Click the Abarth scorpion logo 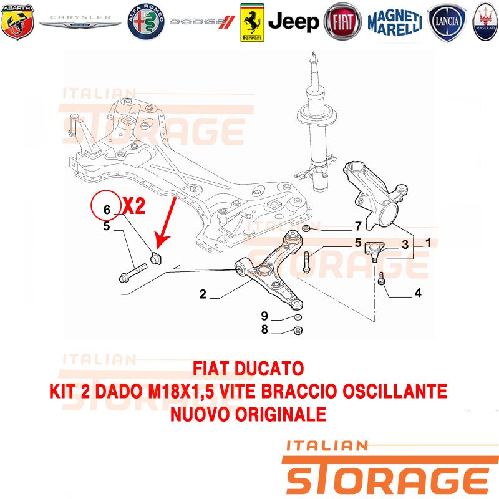17,22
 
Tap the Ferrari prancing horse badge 252,22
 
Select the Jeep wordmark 293,22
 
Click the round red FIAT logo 342,22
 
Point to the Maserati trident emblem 486,22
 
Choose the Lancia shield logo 447,22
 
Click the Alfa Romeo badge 146,22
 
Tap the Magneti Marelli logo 395,22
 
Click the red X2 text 134,206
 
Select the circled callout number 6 107,210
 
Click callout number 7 358,226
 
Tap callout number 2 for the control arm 203,294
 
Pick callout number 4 418,293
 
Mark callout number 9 264,316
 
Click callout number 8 264,329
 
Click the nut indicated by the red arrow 155,258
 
